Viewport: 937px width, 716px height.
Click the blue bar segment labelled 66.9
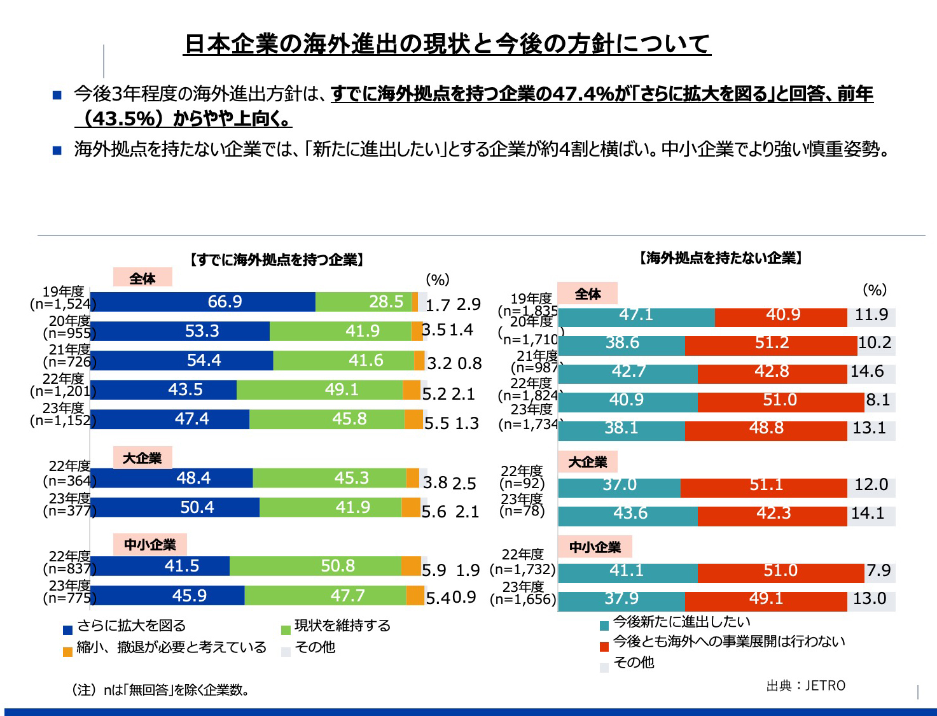point(204,302)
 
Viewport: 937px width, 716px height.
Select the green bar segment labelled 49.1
point(319,390)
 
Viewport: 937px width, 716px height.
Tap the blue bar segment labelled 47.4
point(170,419)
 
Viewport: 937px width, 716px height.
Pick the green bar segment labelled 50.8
point(316,566)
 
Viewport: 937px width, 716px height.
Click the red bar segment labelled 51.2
point(771,343)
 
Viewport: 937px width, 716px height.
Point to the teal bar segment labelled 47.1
point(636,315)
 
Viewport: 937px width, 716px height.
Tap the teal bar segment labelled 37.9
point(621,599)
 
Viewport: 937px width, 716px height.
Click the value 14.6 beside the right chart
point(867,372)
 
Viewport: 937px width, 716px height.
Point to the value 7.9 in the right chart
point(878,570)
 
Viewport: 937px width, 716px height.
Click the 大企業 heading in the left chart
point(142,458)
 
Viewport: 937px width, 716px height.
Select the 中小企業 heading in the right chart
point(595,547)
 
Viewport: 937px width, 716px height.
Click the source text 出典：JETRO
point(806,686)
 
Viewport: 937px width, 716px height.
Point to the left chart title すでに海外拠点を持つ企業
point(277,260)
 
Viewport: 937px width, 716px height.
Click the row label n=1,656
point(523,600)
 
